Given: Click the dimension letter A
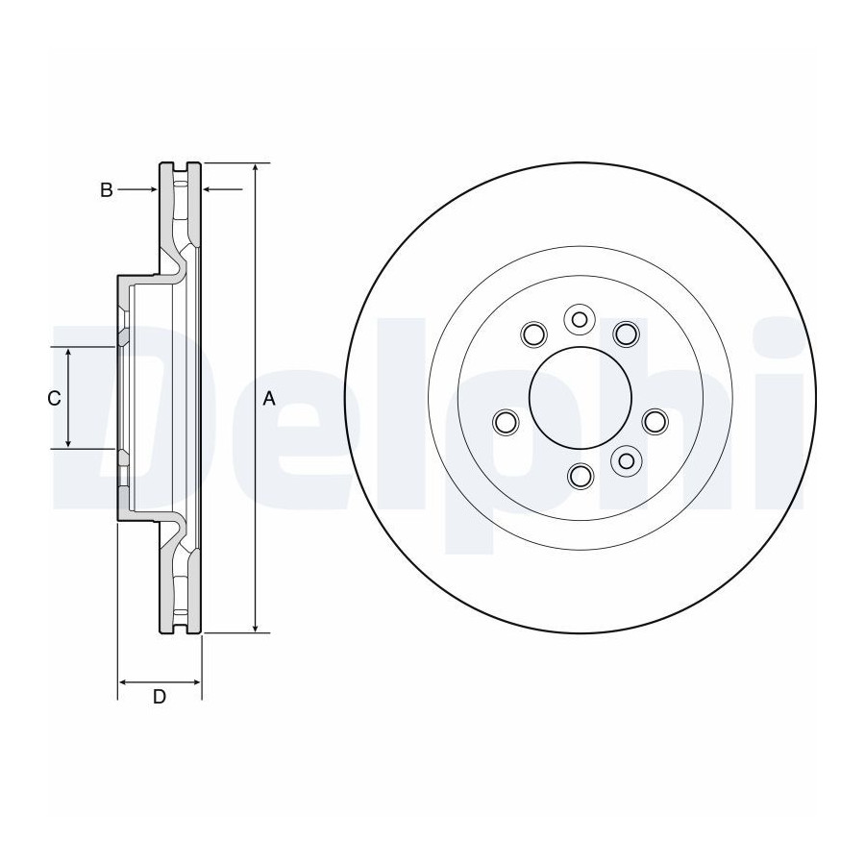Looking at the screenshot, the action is pyautogui.click(x=269, y=398).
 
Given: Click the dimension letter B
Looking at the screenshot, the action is pyautogui.click(x=107, y=190).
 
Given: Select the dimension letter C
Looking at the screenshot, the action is pyautogui.click(x=54, y=398).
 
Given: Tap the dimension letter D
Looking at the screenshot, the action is pyautogui.click(x=160, y=697).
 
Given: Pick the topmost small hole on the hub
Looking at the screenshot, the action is pyautogui.click(x=579, y=319).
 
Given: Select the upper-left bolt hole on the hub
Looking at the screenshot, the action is pyautogui.click(x=534, y=334).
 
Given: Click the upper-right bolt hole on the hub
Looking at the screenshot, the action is pyautogui.click(x=627, y=334).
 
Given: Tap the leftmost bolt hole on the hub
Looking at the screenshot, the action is pyautogui.click(x=506, y=422).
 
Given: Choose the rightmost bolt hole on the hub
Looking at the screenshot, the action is pyautogui.click(x=655, y=422).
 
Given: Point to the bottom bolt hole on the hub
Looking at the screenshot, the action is pyautogui.click(x=581, y=476).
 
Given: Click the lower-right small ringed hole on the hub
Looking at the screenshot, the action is pyautogui.click(x=626, y=460).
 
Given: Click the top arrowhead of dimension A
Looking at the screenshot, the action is pyautogui.click(x=255, y=169).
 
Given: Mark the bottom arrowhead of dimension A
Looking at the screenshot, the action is pyautogui.click(x=255, y=627).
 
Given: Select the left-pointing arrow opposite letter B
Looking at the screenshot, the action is pyautogui.click(x=222, y=189).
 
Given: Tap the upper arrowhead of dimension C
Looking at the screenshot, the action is pyautogui.click(x=68, y=354).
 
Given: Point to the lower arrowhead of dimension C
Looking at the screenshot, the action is pyautogui.click(x=68, y=442).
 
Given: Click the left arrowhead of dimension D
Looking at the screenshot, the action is pyautogui.click(x=125, y=682).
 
